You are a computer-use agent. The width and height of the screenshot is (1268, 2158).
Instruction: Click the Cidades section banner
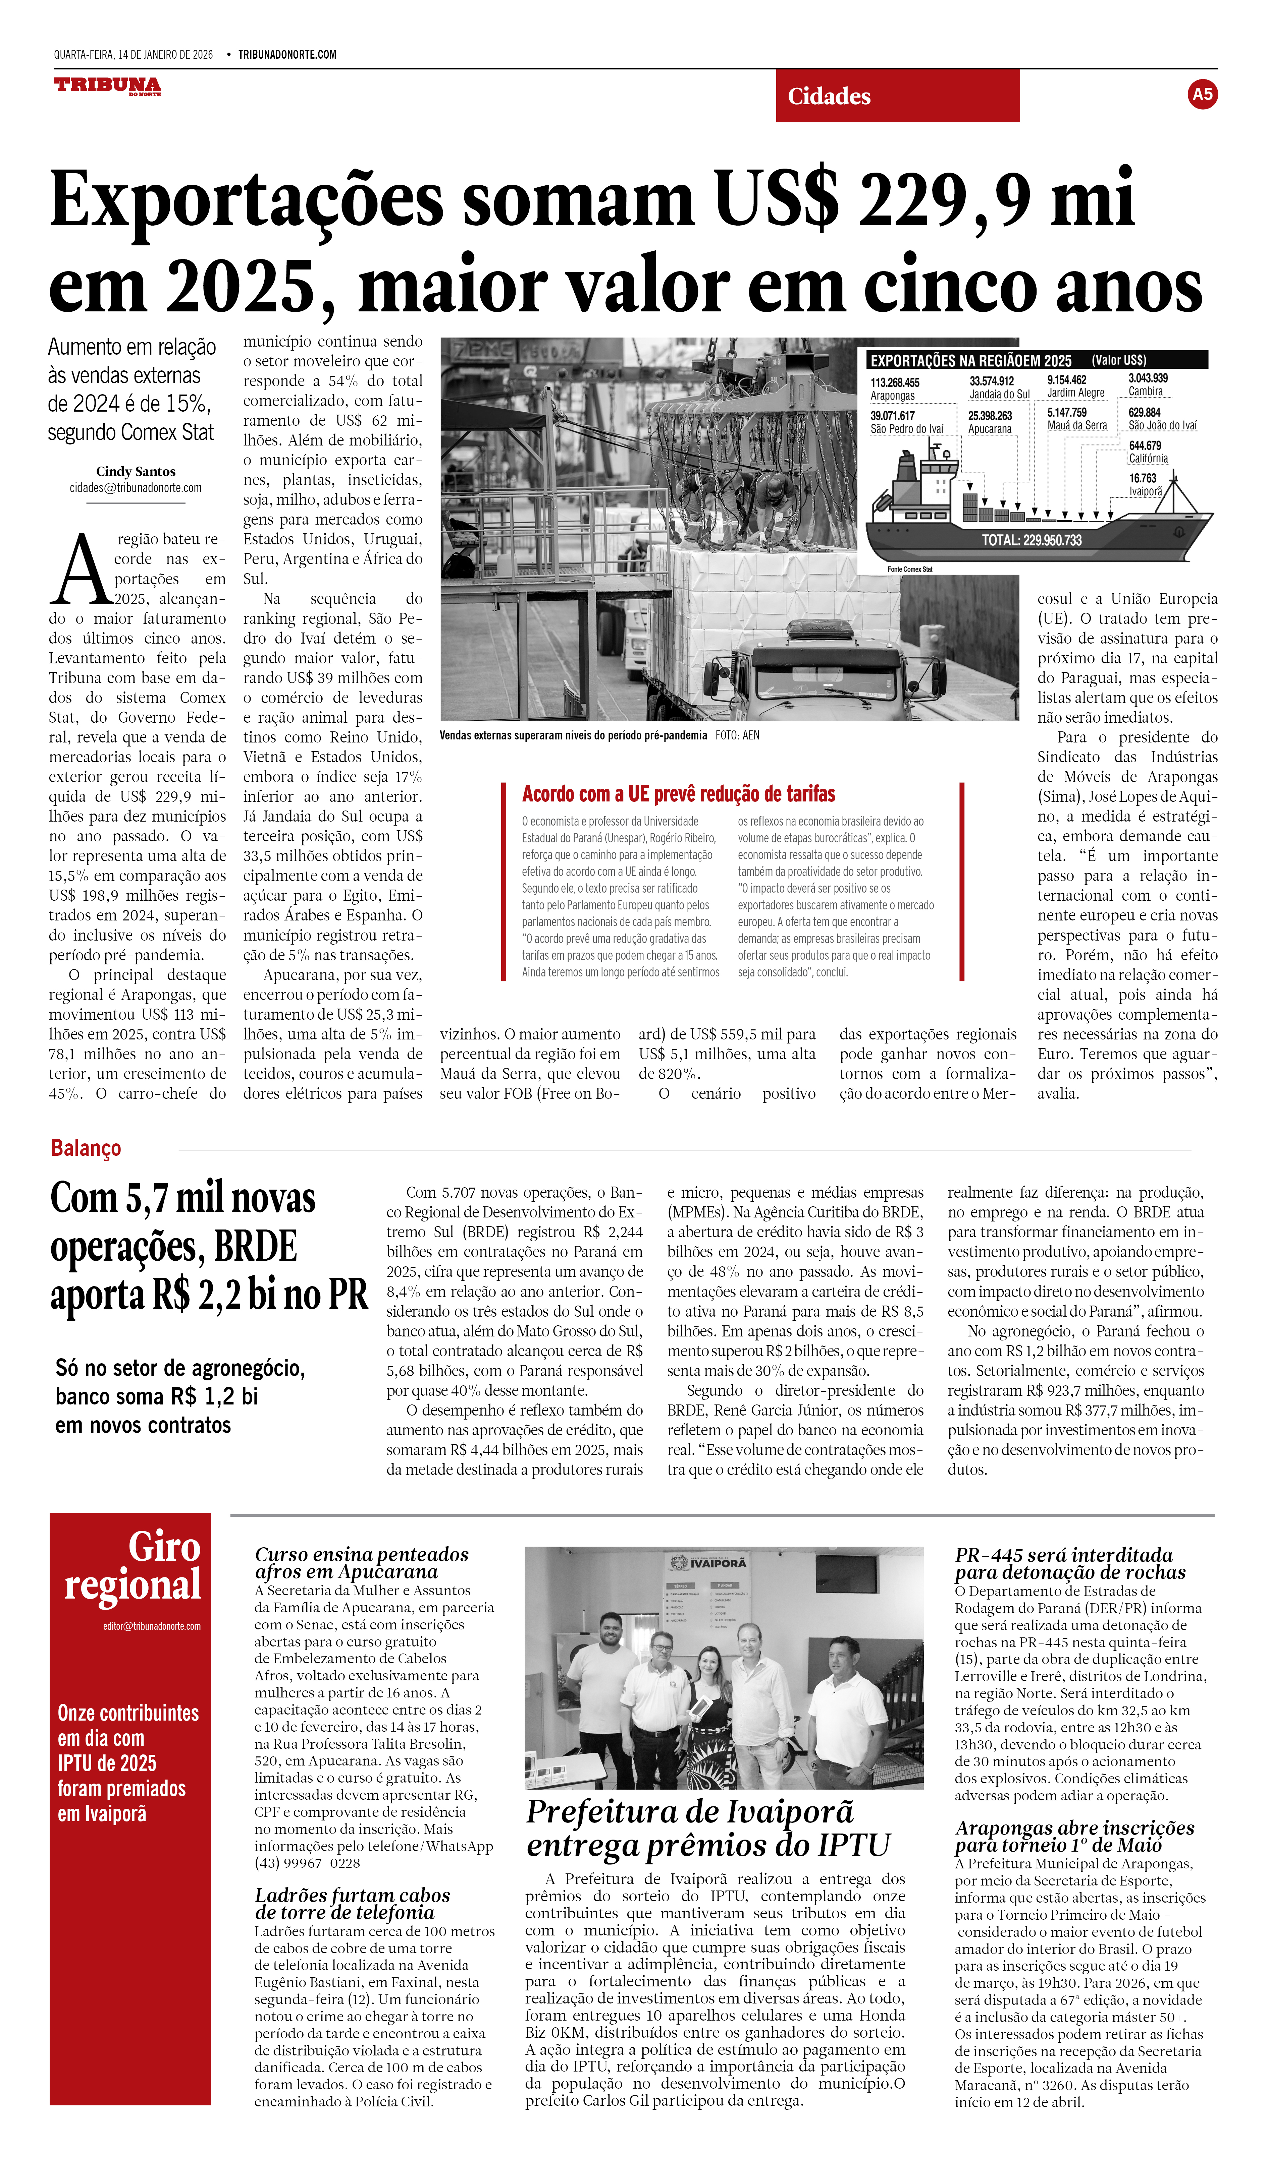(897, 96)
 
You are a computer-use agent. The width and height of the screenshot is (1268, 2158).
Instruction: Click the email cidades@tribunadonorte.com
(136, 488)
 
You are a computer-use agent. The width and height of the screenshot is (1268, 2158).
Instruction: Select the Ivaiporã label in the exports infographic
(1146, 491)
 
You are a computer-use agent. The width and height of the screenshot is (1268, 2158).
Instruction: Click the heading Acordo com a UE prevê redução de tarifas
(679, 794)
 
